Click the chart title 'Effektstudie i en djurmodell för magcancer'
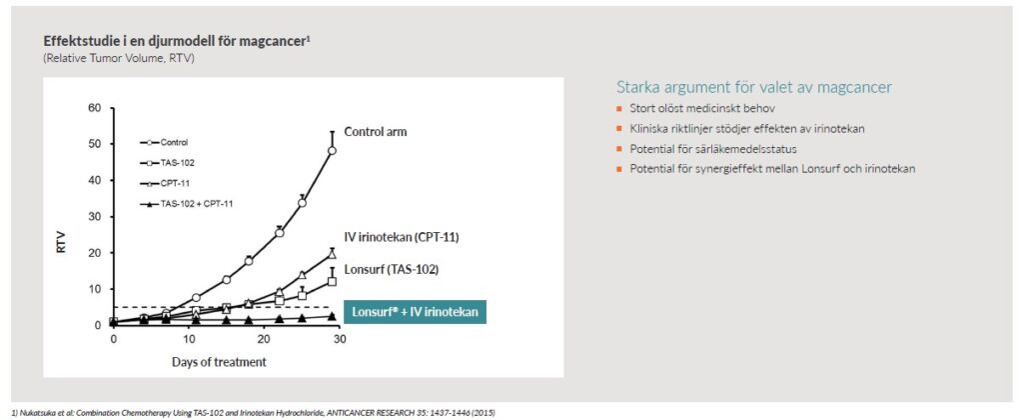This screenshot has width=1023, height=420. [x=176, y=40]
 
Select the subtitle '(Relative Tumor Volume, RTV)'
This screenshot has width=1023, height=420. [x=119, y=58]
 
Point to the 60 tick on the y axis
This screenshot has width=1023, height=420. [x=94, y=108]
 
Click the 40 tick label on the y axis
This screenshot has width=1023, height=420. [x=94, y=180]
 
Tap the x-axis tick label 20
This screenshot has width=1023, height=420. [x=264, y=340]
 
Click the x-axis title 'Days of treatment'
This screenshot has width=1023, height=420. [x=219, y=361]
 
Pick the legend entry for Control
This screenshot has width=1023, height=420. [x=164, y=142]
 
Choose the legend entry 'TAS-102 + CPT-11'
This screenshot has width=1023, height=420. [x=186, y=204]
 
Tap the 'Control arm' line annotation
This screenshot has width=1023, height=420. [x=376, y=132]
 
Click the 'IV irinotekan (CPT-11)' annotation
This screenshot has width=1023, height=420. [x=402, y=238]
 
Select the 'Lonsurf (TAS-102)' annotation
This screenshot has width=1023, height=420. [x=391, y=269]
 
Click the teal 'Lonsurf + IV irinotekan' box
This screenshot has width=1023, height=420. [x=415, y=312]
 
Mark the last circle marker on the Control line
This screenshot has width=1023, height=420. [x=332, y=150]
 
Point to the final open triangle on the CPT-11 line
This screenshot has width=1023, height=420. [x=332, y=254]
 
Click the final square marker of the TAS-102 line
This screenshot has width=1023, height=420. [x=332, y=282]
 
